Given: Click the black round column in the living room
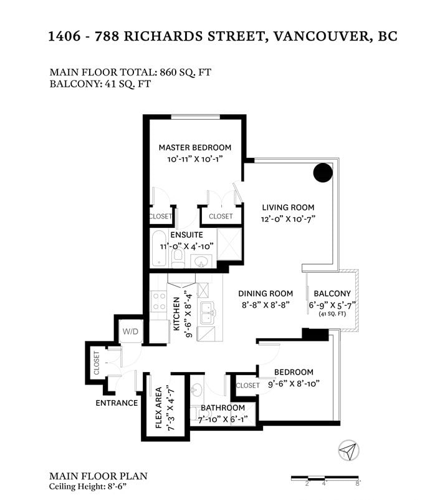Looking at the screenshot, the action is coord(323,172).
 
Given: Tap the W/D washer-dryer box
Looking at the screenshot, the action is coord(130,331).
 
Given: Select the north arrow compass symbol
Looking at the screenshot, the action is coord(348,450).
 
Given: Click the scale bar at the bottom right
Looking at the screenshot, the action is coord(325,478).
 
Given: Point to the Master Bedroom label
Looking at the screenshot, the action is coord(195,148).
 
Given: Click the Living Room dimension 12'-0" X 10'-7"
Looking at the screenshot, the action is coord(288,219).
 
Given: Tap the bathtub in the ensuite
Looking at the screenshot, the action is coord(158,248).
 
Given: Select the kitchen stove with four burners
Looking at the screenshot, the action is coord(158,301).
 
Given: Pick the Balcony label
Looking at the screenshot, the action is coord(332,293).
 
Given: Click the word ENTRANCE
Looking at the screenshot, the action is coord(117,403).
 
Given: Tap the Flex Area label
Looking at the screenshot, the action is coord(158,408).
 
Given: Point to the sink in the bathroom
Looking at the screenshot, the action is coord(197,390).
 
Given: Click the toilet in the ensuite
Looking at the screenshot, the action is coord(178,258).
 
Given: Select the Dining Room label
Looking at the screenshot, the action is coord(266,293).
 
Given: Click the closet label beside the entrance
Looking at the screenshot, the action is coord(97,363).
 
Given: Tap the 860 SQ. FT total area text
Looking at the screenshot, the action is coord(185,72).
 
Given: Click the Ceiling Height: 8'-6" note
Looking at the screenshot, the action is coord(88,487).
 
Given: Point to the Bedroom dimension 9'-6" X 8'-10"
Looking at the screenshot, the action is coord(294,384).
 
